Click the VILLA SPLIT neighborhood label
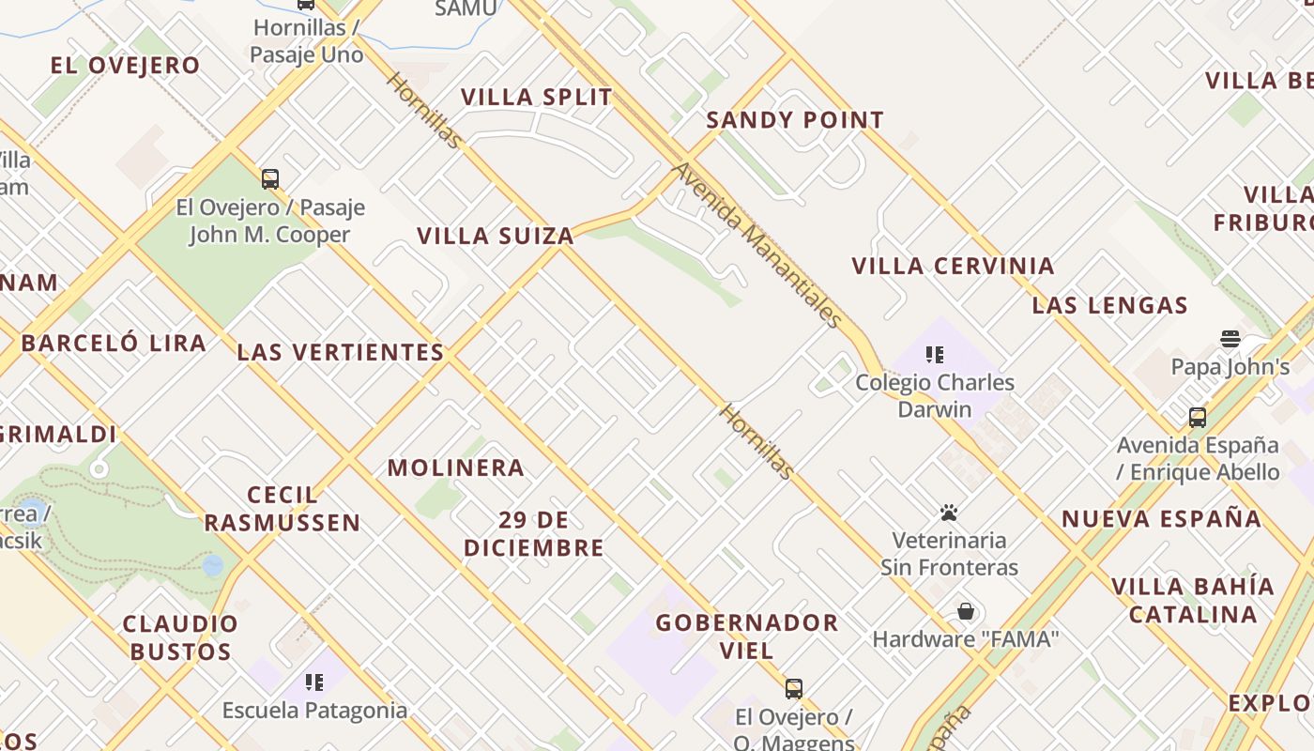tap(536, 97)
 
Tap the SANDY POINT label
tap(795, 120)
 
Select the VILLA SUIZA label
tap(496, 236)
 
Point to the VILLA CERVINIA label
tap(953, 266)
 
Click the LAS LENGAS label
tap(1110, 305)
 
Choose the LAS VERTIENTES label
tap(341, 352)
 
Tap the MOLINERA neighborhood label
tap(456, 467)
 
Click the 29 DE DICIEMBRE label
tap(534, 533)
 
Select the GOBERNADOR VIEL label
tap(747, 636)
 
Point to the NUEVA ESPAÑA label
tap(1161, 518)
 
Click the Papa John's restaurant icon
tap(1230, 339)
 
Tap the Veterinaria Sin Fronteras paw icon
tap(949, 513)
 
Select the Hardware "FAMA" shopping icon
tap(966, 612)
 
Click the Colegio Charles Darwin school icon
tap(934, 354)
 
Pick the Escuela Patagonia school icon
tap(314, 682)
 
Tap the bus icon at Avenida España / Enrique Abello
tap(1198, 417)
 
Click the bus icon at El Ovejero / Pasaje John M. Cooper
tap(270, 178)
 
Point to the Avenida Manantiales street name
tap(757, 244)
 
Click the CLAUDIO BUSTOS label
tap(180, 637)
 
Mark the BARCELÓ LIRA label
tap(114, 343)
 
